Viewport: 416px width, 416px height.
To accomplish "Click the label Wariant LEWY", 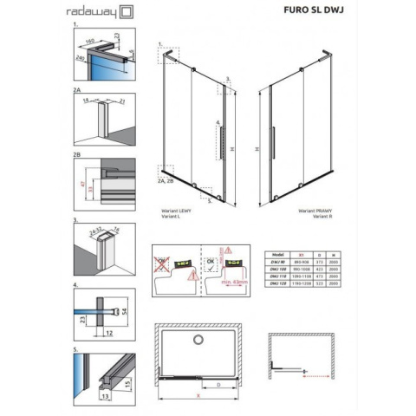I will coord(177,211).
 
